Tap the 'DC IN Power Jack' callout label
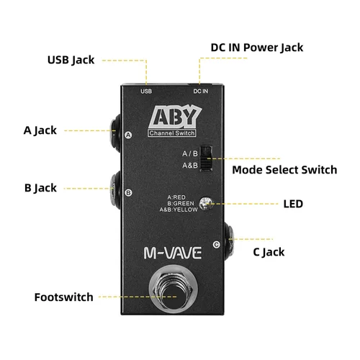point(257,48)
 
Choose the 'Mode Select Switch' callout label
point(284,171)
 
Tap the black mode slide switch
point(205,158)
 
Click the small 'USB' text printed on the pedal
point(146,91)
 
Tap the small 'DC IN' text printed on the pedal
point(201,91)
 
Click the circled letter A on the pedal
point(128,135)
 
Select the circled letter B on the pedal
point(128,192)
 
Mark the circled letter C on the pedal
point(217,245)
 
